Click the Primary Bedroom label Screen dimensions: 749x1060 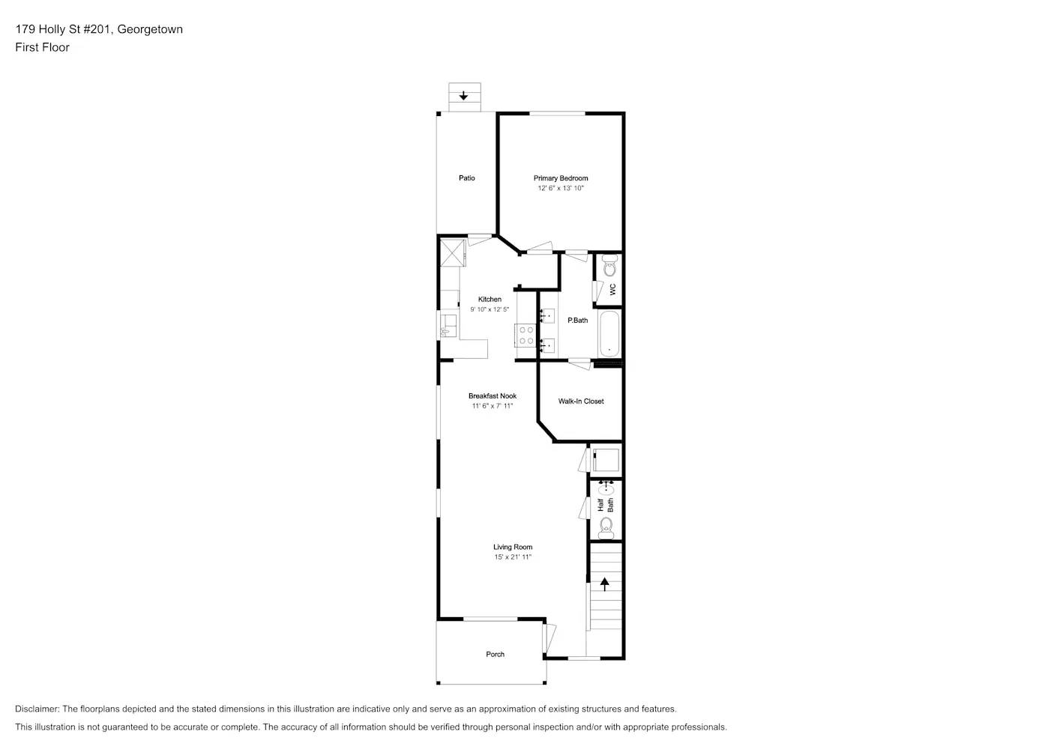click(561, 178)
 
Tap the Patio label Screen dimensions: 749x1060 click(467, 178)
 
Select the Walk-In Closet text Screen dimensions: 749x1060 click(581, 401)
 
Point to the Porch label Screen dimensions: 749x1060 click(496, 655)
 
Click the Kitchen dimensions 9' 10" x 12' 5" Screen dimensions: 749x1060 click(490, 309)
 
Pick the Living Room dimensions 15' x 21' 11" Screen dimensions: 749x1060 click(513, 557)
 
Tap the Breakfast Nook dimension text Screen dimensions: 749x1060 click(493, 406)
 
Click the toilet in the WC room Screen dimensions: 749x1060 click(609, 266)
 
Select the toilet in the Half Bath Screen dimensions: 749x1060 click(606, 527)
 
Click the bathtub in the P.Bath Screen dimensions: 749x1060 click(609, 335)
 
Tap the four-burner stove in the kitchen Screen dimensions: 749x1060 click(526, 335)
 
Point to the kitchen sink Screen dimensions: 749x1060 click(448, 325)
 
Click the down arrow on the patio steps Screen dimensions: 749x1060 click(464, 96)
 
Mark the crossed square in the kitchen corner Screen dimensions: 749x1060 click(453, 252)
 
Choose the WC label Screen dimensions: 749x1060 click(612, 288)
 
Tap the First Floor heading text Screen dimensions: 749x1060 click(42, 47)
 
